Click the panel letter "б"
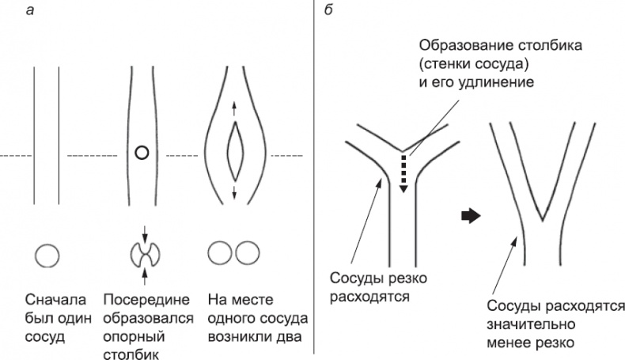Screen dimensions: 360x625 click(330, 9)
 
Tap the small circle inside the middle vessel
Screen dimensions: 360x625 click(141, 153)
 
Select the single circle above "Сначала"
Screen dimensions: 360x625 click(47, 255)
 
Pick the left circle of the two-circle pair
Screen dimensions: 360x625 click(219, 254)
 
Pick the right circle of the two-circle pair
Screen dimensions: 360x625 click(246, 254)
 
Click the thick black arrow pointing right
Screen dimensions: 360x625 click(471, 217)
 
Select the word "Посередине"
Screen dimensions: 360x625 click(146, 301)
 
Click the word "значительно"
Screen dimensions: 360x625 click(525, 324)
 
